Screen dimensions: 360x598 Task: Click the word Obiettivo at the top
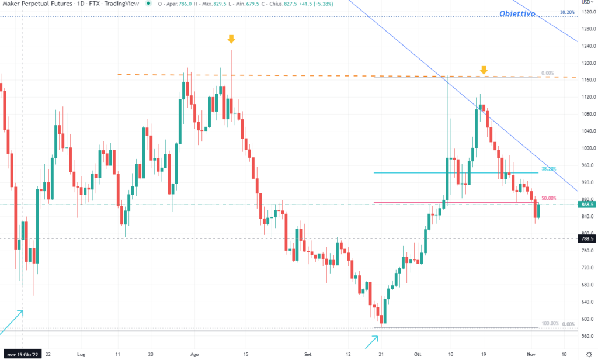(x=517, y=15)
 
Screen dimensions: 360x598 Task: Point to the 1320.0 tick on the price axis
(x=587, y=11)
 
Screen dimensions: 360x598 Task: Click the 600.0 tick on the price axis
(x=587, y=319)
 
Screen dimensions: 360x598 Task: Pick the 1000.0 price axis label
(x=587, y=148)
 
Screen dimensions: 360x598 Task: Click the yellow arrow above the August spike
(x=231, y=39)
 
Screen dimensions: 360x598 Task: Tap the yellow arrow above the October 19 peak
(x=484, y=70)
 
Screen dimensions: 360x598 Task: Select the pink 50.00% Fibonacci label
(x=548, y=199)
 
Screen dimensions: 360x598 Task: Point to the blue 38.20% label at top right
(x=566, y=12)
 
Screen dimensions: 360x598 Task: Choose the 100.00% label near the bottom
(x=550, y=323)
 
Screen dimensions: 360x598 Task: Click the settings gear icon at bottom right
(x=589, y=354)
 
